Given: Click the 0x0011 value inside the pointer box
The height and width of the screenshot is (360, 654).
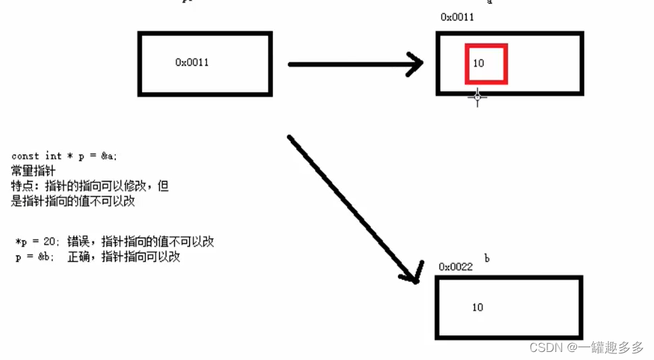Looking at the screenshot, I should (192, 62).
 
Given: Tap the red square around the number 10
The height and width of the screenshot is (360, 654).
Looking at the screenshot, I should (487, 46).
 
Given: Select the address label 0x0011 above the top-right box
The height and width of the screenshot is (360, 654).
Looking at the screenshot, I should (457, 17).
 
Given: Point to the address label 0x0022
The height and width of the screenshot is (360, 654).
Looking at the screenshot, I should (456, 267).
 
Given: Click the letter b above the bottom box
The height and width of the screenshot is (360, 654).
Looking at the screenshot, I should (486, 259).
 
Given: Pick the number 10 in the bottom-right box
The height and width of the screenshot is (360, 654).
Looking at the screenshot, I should (477, 308).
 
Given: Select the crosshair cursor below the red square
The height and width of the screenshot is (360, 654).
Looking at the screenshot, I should (477, 97).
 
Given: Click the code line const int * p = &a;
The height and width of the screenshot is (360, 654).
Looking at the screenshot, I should (64, 156).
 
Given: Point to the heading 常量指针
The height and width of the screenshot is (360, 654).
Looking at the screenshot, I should (34, 170).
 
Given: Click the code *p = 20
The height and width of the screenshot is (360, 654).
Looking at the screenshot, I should (34, 242).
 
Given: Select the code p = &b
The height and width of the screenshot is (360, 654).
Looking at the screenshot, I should (34, 257).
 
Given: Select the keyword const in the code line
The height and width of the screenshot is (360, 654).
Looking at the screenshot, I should (25, 156).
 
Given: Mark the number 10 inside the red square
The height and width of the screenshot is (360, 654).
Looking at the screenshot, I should (478, 64).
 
